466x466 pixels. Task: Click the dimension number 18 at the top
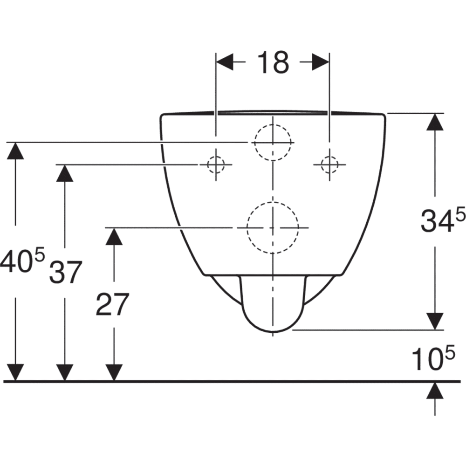pos(273,62)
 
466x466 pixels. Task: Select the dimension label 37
pos(65,272)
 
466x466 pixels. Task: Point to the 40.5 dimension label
pos(22,260)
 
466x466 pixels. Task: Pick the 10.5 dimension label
pos(433,358)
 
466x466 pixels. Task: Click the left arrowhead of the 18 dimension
pos(225,62)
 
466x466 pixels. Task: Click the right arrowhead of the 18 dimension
pos(321,62)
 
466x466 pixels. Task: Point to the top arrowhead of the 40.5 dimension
pos(15,151)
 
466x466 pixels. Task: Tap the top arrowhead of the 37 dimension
pos(65,173)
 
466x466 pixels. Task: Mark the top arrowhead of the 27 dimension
pos(114,236)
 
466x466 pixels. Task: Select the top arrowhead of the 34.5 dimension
pos(435,122)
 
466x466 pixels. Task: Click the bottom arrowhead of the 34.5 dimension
pos(435,321)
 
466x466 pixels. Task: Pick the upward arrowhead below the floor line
pos(435,391)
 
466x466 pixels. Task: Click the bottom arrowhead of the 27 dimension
pos(114,372)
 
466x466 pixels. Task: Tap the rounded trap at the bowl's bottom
pos(273,331)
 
